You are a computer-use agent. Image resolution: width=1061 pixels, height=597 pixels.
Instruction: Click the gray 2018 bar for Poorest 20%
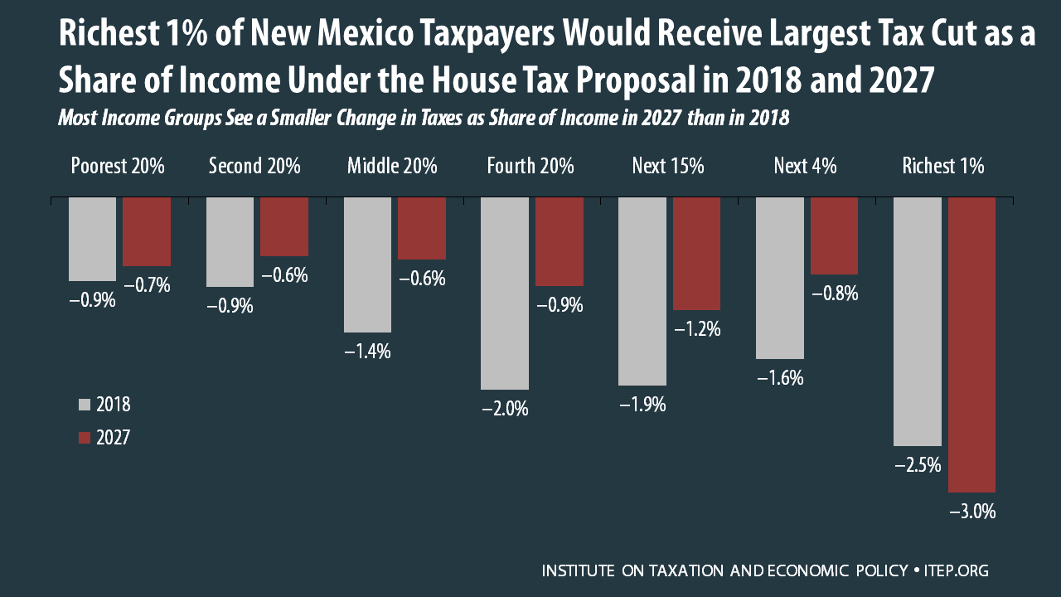[x=92, y=239]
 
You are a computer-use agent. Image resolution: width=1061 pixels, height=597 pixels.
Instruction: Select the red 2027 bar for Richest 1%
[x=971, y=344]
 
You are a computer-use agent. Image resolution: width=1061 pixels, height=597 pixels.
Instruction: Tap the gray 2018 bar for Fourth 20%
[x=504, y=293]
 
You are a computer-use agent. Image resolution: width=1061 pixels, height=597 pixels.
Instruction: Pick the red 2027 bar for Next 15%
[x=696, y=253]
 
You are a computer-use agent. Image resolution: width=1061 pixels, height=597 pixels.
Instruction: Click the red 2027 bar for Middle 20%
[x=421, y=228]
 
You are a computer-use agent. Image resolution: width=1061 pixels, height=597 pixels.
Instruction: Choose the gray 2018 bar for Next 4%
[x=779, y=278]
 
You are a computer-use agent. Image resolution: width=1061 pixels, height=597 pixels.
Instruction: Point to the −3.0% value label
[x=971, y=512]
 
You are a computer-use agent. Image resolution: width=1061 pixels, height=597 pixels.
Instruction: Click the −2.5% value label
[x=917, y=465]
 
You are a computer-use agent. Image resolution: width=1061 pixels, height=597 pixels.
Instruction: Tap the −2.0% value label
[x=504, y=409]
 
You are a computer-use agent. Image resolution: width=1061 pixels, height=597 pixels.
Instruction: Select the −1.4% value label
[x=366, y=352]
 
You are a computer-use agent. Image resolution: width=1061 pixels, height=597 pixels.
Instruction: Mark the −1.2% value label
[x=696, y=329]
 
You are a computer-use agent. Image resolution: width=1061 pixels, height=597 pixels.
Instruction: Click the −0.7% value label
[x=147, y=285]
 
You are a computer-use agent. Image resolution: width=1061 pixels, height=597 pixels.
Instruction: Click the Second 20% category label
[x=254, y=166]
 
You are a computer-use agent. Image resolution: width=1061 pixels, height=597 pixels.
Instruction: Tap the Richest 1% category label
[x=943, y=166]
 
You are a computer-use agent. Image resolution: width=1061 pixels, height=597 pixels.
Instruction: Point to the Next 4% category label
[x=805, y=166]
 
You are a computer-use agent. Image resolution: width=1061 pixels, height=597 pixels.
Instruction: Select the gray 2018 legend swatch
[x=84, y=405]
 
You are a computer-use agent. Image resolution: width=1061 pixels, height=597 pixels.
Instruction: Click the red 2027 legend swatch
[x=84, y=438]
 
